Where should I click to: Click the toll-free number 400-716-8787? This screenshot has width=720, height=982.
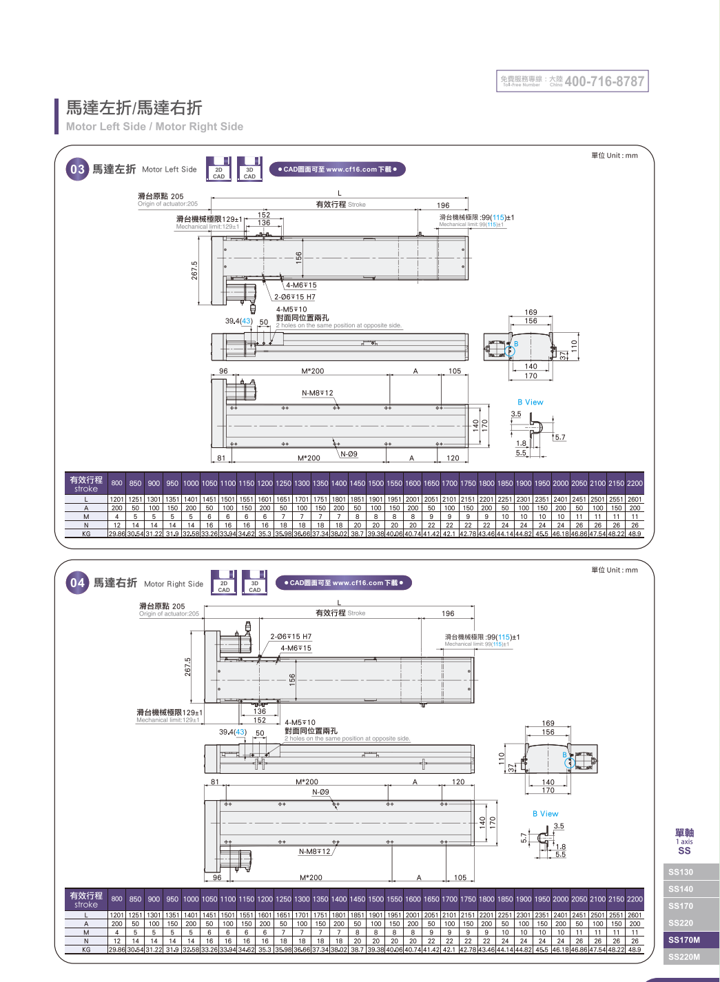(604, 81)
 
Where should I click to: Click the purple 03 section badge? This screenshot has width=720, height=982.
(77, 170)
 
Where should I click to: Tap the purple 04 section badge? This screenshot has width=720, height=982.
(77, 583)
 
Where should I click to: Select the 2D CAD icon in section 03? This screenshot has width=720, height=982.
(218, 170)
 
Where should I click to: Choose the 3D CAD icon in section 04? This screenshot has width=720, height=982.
(254, 584)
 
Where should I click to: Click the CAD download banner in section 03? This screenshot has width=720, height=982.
(337, 170)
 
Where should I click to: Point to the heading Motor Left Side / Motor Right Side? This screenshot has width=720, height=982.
(154, 127)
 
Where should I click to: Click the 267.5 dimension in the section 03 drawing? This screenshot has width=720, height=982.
(194, 270)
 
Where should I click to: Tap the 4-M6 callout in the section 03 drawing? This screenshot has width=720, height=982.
(301, 285)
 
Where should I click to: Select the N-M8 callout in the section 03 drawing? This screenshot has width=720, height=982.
(317, 393)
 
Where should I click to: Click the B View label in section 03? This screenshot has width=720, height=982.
(530, 402)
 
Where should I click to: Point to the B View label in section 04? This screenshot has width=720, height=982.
(545, 814)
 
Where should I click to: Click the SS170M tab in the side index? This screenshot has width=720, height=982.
(683, 940)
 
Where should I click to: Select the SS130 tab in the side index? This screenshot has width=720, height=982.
(681, 872)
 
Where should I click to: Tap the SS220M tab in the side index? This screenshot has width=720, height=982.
(683, 957)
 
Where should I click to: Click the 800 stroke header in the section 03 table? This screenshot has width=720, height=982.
(117, 483)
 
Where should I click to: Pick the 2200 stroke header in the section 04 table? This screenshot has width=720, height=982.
(635, 899)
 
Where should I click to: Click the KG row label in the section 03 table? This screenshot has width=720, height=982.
(86, 533)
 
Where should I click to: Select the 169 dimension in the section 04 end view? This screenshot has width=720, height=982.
(548, 724)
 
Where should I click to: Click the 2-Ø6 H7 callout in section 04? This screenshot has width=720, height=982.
(291, 637)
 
